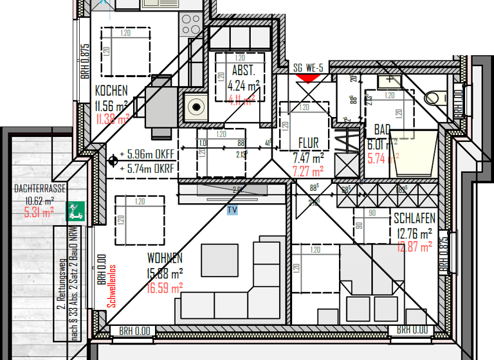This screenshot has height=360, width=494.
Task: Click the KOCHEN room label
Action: [111, 91]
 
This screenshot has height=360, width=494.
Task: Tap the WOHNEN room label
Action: [165, 258]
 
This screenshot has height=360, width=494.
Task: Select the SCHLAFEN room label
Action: [414, 219]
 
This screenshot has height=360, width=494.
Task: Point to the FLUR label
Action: [309, 143]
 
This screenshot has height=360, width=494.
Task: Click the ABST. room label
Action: [244, 71]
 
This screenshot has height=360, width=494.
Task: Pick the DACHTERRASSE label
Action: [39, 189]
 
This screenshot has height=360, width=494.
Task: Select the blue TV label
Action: [232, 210]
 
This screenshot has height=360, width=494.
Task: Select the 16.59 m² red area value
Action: [165, 287]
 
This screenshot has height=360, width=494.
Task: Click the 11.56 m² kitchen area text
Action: [111, 105]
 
